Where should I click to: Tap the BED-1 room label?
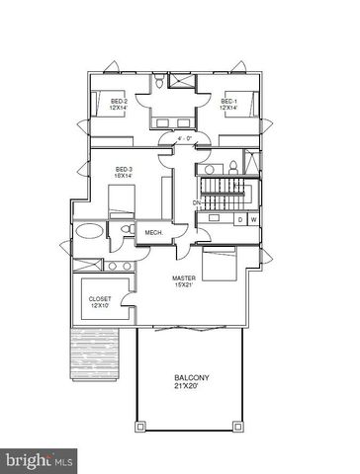pos(228,105)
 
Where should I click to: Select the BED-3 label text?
pos(124,171)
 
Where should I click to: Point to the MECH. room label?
pos(153,232)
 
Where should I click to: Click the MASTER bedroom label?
pos(182,283)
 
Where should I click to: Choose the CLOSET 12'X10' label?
pos(100,301)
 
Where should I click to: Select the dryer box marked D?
pos(239,219)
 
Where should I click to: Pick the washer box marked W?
pos(253,219)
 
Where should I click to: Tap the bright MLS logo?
pos(40,459)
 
